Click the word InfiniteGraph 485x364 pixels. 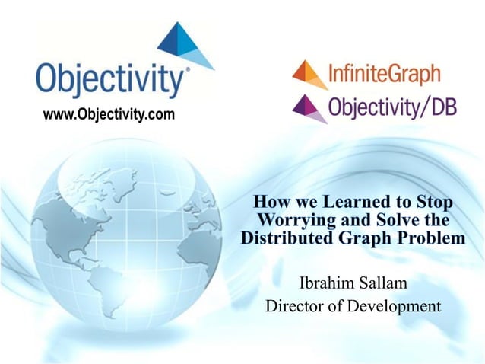[385, 75]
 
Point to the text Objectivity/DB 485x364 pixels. [392, 107]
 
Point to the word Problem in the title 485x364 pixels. [433, 238]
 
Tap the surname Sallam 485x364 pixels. [383, 284]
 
